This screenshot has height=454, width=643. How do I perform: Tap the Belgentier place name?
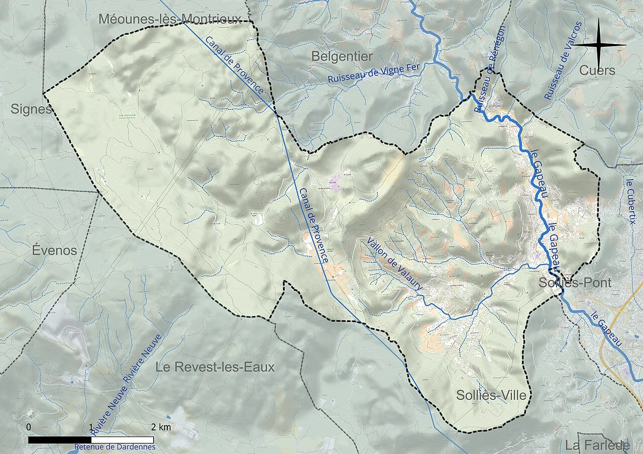pos(342,56)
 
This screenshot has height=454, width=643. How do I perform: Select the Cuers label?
pos(597,70)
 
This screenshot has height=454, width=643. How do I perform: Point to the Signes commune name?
pos(31,109)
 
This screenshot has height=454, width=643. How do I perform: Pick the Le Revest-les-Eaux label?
pos(215,367)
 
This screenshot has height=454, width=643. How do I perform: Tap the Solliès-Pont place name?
pos(575,282)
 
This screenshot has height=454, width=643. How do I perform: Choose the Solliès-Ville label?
pos(491,395)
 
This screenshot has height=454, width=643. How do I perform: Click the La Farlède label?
pos(597,445)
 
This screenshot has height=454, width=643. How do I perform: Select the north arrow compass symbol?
pos(600,45)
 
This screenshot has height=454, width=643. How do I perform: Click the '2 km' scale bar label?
pos(161,427)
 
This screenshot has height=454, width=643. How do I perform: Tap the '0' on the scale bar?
pos(29,427)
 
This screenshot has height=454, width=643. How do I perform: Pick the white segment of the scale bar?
pos(122,440)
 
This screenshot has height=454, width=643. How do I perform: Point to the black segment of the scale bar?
pos(59,440)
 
